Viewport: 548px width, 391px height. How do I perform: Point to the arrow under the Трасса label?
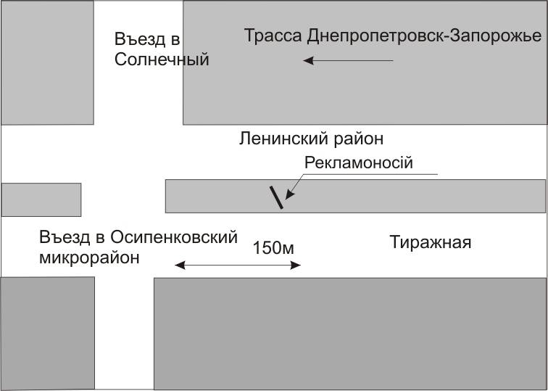(348, 61)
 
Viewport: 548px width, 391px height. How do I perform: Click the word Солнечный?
(162, 59)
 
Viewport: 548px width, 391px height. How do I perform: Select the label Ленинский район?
(311, 138)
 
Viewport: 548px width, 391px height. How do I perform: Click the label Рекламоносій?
(358, 162)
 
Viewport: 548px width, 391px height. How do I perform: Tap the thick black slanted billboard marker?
(276, 197)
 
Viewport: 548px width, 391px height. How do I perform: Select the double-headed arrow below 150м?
(238, 266)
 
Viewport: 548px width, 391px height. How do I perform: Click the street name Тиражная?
(431, 242)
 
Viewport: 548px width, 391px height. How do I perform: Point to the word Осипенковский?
(174, 237)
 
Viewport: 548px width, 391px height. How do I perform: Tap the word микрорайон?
(89, 257)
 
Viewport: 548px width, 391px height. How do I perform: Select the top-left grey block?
(47, 62)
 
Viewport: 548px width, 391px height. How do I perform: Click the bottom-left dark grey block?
(47, 333)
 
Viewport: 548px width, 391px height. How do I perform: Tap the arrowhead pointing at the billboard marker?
(289, 194)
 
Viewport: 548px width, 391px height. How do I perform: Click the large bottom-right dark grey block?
(349, 333)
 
